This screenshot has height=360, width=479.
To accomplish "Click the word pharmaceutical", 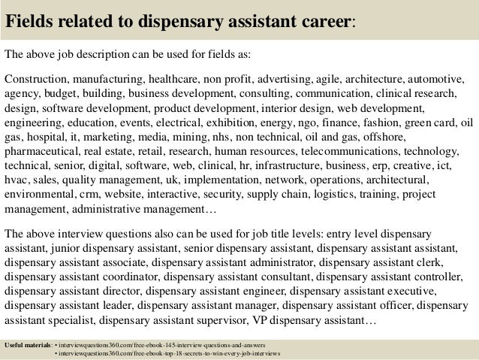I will click(44, 151).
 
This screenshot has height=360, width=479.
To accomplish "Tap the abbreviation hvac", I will click(16, 180).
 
